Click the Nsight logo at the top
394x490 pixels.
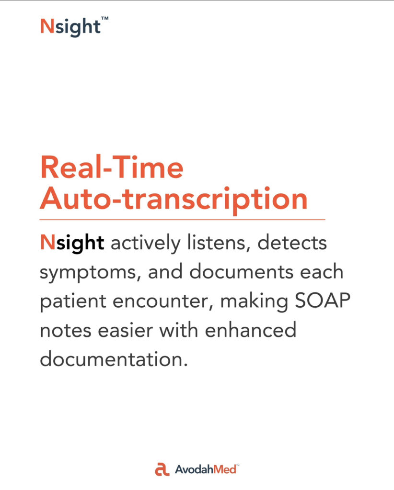71,27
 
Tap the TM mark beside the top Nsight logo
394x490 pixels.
105,19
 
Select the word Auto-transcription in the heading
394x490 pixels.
174,200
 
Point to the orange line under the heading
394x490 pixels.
182,220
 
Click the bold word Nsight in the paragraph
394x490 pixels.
72,243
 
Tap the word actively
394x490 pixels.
146,243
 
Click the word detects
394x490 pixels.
292,243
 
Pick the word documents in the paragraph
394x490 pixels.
242,271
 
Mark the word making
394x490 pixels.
254,301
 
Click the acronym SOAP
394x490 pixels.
323,301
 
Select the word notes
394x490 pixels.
66,331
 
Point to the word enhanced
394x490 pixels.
251,329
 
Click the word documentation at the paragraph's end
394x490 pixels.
114,359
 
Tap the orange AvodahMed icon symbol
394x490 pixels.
162,469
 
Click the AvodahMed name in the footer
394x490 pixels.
206,469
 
